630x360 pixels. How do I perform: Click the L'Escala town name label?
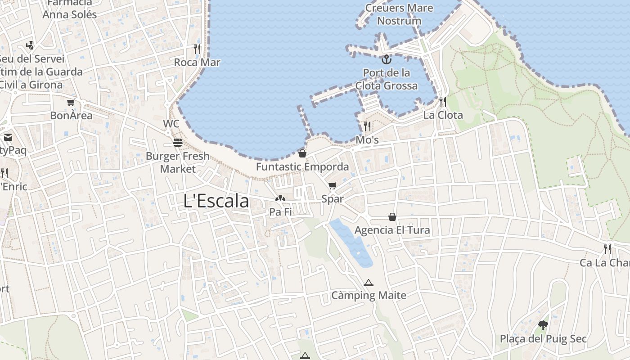coord(216,201)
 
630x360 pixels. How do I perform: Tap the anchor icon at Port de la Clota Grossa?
coord(386,59)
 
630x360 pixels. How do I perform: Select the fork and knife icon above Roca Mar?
coord(197,49)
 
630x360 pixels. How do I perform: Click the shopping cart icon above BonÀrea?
coord(71,103)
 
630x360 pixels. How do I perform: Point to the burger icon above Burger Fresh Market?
coord(178,143)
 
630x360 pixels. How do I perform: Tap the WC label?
coord(171,124)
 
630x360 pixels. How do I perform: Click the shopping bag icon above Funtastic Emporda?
coord(302,153)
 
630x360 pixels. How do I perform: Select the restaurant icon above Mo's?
coord(367,126)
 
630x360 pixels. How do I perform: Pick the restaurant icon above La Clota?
coord(443,102)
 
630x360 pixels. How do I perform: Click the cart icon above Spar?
coord(333,185)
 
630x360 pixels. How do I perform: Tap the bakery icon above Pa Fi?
coord(280,198)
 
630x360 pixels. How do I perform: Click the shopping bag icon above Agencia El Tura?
coord(392,217)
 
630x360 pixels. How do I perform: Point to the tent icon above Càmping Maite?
coord(369,283)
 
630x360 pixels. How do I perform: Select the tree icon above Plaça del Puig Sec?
coord(543,325)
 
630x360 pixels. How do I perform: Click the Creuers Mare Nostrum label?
coord(399,14)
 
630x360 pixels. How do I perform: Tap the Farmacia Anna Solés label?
coord(70,9)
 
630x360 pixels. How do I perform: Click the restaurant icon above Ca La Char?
coord(607,249)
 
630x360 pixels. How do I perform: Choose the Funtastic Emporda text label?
coord(302,167)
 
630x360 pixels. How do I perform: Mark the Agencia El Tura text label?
coord(392,230)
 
